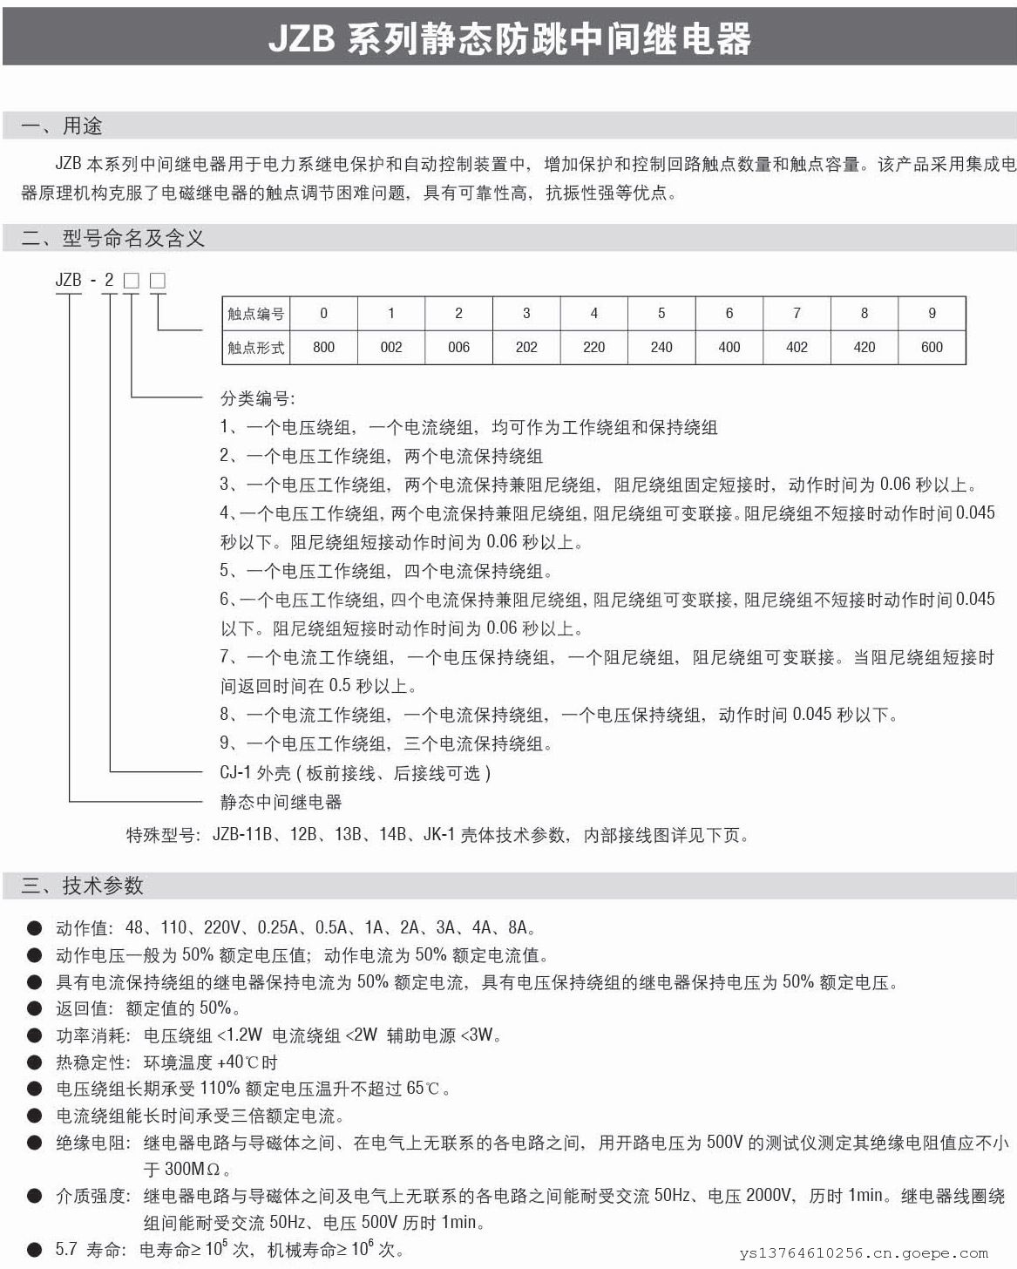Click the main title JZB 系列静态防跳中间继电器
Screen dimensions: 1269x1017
coord(509,39)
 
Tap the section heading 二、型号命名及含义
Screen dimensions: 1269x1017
coord(112,238)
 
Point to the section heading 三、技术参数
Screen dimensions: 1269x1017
coord(82,886)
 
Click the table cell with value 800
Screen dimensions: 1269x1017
coord(323,347)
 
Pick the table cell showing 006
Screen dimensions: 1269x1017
coord(458,347)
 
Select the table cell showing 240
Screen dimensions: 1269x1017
coord(661,347)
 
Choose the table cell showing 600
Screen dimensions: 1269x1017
coord(932,347)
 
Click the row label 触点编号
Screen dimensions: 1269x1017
coord(255,314)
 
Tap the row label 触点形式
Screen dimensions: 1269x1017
coord(255,347)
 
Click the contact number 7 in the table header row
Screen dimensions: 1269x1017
coord(797,314)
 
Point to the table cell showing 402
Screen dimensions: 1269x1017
coord(797,347)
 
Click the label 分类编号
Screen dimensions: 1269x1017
coord(258,398)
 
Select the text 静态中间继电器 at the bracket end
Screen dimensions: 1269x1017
coord(281,802)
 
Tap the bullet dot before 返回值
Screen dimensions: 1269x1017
coord(34,1009)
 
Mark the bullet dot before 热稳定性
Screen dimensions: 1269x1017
coord(34,1063)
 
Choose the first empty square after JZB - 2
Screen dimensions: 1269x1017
coord(131,281)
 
